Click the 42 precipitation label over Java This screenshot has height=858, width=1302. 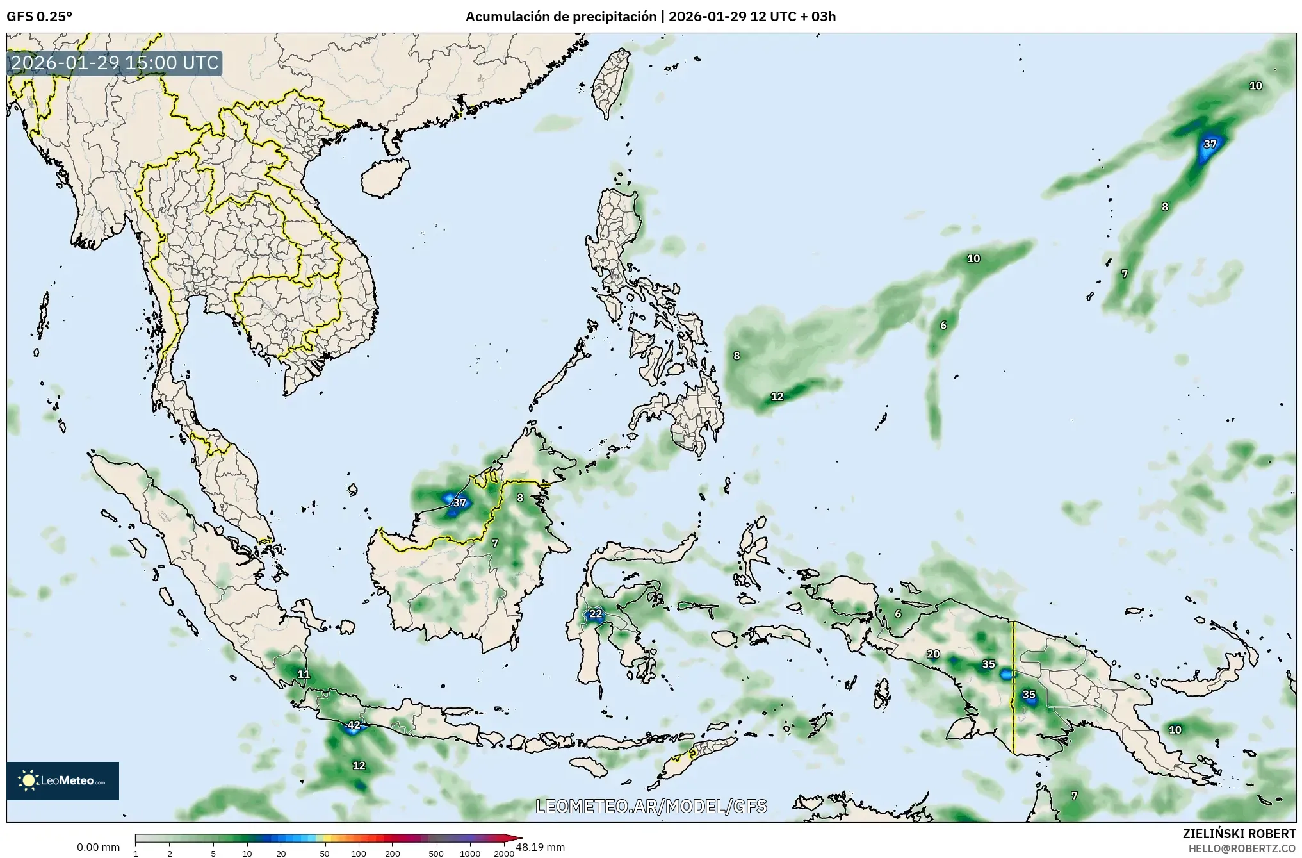[x=354, y=725]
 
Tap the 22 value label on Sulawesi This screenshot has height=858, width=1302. [x=596, y=614]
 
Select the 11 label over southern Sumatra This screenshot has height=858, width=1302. [x=304, y=674]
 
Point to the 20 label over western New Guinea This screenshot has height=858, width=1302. [x=933, y=654]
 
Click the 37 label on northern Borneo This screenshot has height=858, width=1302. [x=459, y=503]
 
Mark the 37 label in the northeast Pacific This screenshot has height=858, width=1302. [x=1210, y=144]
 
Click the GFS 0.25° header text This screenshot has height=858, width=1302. [x=40, y=17]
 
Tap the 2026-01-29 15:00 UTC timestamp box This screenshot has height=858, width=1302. [x=115, y=63]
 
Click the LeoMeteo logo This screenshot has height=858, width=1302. [x=63, y=780]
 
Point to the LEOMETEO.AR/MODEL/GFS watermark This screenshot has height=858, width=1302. [x=651, y=806]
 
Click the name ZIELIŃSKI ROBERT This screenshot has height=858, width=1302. [x=1239, y=834]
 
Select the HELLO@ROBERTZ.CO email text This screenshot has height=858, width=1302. [x=1242, y=848]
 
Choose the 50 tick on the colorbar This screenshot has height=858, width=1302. [x=325, y=854]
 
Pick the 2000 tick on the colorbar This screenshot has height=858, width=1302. [x=504, y=854]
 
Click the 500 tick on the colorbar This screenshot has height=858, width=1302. [x=436, y=854]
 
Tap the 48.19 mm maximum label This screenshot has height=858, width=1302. [x=541, y=847]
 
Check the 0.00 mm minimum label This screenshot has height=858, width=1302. [x=98, y=847]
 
